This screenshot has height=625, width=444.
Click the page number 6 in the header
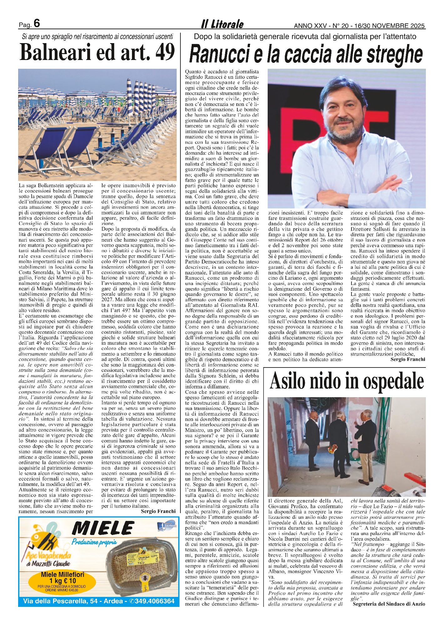point(37,23)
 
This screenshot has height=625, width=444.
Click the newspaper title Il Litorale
point(222,24)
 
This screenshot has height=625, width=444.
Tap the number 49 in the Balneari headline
point(165,52)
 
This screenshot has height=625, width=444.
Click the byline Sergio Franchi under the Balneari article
point(158,511)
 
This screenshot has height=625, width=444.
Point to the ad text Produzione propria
point(94,542)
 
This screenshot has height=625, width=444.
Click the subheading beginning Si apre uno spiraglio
point(97,37)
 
